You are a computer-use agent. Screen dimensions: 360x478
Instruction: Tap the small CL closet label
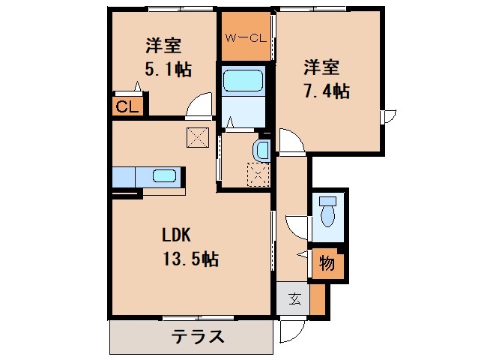(x=127, y=106)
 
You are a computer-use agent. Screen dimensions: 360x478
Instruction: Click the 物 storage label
(x=327, y=265)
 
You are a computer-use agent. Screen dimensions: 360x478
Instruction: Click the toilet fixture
(x=327, y=211)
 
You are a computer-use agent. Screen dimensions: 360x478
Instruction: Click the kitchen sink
(x=164, y=177)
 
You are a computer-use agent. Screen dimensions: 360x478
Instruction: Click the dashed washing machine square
(x=257, y=175)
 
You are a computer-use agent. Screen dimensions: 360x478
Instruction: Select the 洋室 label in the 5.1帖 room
(x=163, y=46)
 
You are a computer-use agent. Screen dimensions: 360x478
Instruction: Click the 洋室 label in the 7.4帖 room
(x=321, y=67)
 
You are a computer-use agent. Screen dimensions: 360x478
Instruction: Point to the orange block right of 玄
(x=318, y=299)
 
